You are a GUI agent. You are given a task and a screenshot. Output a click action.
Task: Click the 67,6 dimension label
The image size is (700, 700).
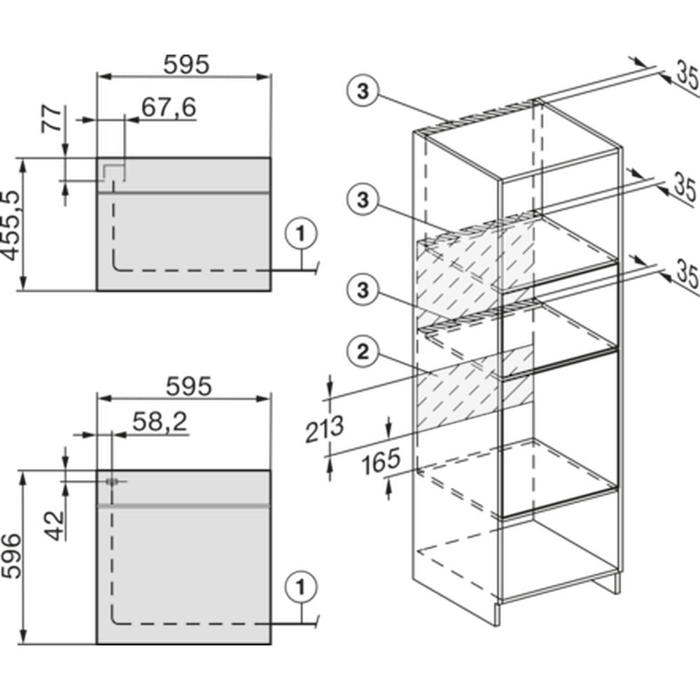click(169, 107)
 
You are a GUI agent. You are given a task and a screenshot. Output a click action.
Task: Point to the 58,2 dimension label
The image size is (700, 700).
click(158, 421)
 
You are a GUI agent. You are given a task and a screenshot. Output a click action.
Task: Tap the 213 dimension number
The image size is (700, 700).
click(324, 429)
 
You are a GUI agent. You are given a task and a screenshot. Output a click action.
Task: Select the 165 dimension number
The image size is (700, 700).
click(381, 460)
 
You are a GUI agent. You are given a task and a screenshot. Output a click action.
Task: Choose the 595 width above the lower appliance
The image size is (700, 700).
click(186, 386)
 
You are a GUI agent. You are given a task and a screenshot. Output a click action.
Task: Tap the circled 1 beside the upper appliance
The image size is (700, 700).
click(301, 234)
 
